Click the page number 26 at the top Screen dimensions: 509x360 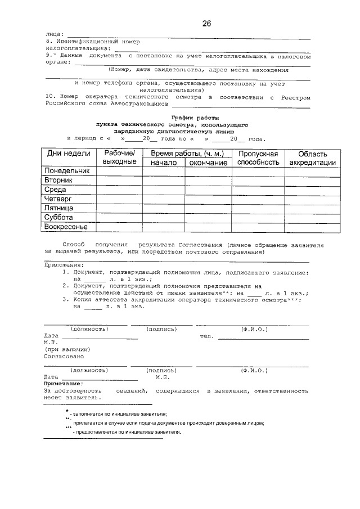pyautogui.click(x=206, y=24)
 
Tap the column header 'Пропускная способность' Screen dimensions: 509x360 pyautogui.click(x=258, y=158)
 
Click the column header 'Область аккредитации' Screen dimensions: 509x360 pyautogui.click(x=313, y=158)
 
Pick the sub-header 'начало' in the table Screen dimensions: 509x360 pyautogui.click(x=163, y=163)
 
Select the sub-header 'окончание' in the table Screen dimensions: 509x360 pyautogui.click(x=208, y=163)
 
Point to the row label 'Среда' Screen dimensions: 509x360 pyautogui.click(x=56, y=190)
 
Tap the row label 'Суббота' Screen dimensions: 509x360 pyautogui.click(x=60, y=217)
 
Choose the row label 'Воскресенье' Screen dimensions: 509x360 pyautogui.click(x=66, y=227)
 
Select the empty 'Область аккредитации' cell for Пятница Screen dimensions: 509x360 pyautogui.click(x=313, y=208)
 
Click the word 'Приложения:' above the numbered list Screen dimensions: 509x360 pyautogui.click(x=64, y=265)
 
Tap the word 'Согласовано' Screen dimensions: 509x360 pyautogui.click(x=64, y=357)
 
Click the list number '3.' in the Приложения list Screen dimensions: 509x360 pyautogui.click(x=65, y=301)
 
